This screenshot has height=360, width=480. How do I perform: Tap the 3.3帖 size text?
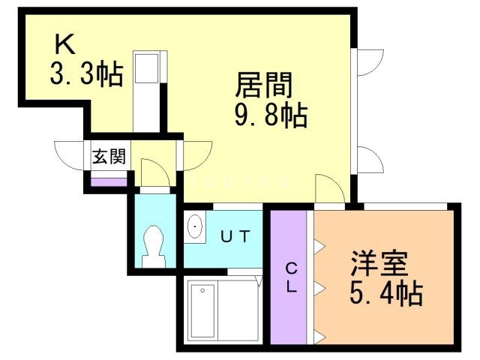87,75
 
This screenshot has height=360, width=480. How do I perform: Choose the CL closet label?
291,277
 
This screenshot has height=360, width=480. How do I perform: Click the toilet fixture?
154,244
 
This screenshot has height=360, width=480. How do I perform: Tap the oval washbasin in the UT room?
194,227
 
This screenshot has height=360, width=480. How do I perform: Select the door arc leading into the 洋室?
327,188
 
